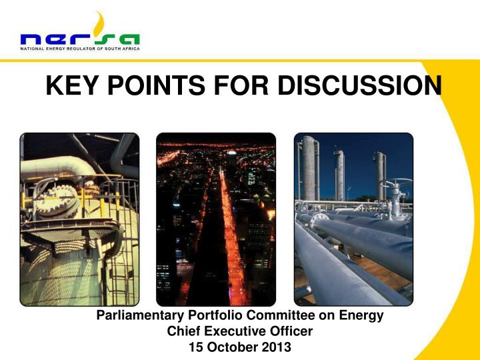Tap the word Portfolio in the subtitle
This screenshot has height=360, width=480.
[x=211, y=316]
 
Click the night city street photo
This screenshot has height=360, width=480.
[x=215, y=219]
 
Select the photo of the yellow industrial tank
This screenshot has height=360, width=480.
[x=79, y=219]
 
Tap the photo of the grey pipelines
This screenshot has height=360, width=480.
[x=353, y=219]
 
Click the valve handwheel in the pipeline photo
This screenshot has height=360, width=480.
[x=387, y=185]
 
